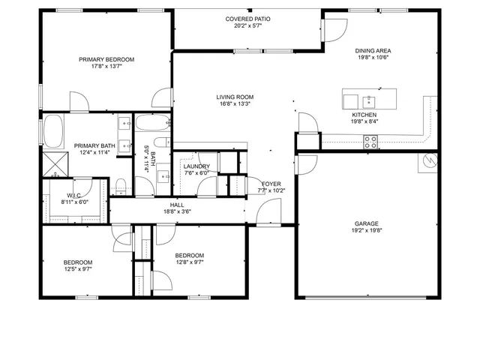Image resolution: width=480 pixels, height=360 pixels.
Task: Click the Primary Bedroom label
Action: [106, 59]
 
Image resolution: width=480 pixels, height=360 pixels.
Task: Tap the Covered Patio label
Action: [247, 19]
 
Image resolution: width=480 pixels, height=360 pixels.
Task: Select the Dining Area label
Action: [373, 51]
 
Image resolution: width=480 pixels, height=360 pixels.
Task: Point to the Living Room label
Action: [235, 97]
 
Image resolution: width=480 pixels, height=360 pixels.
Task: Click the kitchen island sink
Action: [368, 100]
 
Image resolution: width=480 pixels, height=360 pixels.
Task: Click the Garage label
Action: [367, 223]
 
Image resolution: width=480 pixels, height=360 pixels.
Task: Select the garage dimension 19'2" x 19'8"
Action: [367, 230]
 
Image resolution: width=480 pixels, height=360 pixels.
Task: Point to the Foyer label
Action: [271, 184]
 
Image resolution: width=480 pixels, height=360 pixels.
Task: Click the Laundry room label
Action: [196, 166]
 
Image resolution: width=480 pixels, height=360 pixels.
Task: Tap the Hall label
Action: [177, 205]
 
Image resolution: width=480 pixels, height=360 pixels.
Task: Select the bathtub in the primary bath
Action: [54, 131]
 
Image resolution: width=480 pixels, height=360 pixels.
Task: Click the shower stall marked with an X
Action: [54, 162]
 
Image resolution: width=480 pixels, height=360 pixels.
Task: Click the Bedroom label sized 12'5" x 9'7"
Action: [77, 262]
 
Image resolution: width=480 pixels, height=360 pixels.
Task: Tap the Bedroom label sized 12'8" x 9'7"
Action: [190, 256]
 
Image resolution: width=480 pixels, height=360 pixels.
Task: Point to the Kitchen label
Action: [364, 115]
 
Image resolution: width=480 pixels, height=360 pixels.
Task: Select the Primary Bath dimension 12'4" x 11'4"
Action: [94, 153]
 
